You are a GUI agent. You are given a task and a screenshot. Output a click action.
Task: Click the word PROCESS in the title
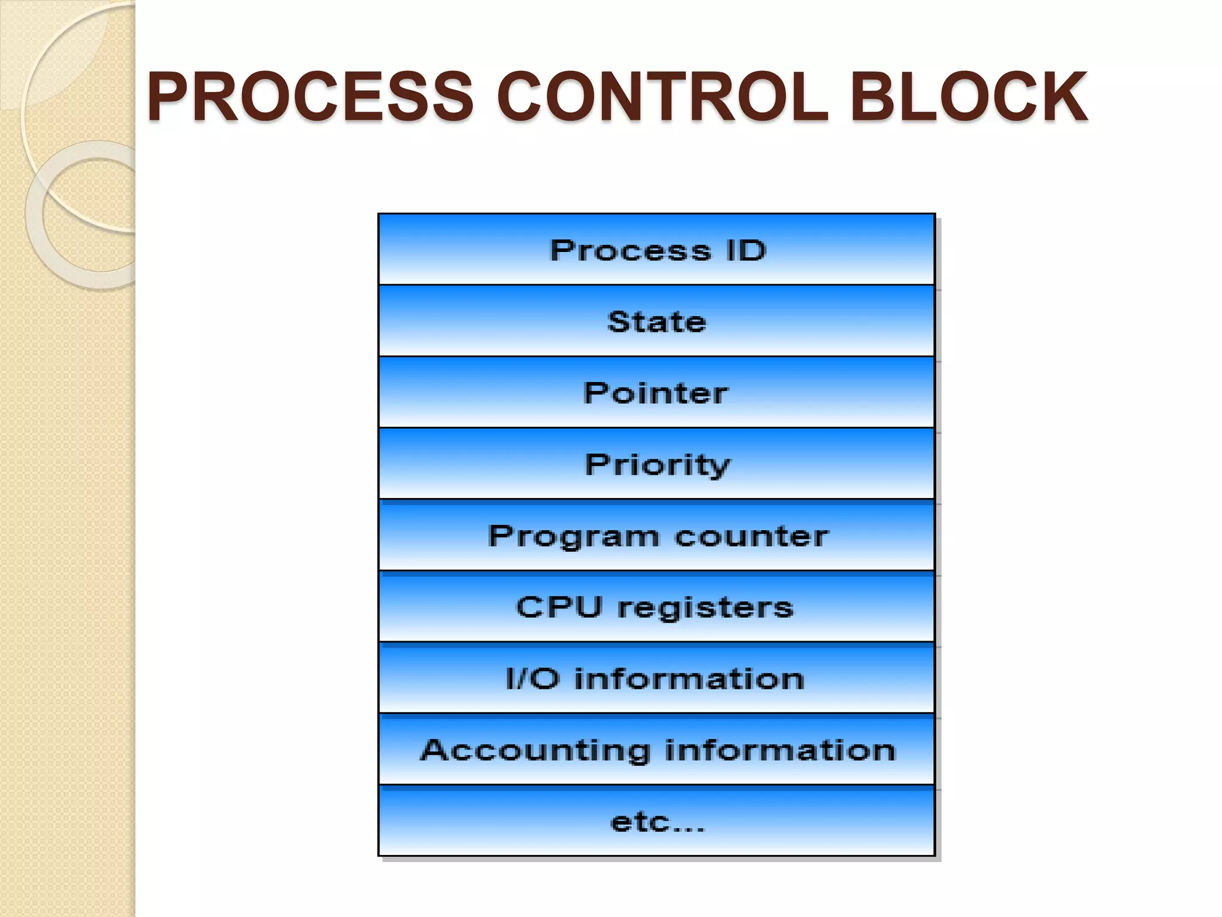pos(310,97)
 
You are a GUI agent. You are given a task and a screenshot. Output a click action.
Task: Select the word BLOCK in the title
pos(968,97)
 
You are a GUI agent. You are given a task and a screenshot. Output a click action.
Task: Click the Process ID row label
pos(657,250)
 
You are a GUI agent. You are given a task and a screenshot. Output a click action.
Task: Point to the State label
pos(656,322)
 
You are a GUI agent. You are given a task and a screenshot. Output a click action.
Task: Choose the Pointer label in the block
pos(656,393)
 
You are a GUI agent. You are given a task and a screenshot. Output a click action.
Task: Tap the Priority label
pos(657,465)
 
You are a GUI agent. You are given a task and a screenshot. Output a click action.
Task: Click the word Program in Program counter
pos(573,537)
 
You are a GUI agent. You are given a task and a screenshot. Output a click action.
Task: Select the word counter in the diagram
pos(752,536)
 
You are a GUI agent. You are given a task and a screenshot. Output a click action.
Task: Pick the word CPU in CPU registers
pos(558,607)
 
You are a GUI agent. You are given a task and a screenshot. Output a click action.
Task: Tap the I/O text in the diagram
pos(532,679)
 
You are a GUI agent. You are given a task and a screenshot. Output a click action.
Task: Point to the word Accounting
pos(535,751)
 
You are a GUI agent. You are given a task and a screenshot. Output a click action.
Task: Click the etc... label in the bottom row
pos(657,823)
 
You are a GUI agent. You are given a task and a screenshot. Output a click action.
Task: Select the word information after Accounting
pos(780,750)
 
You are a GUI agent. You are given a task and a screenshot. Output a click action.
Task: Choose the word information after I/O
pos(689,679)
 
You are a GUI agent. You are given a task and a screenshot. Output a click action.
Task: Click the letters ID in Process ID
pos(746,250)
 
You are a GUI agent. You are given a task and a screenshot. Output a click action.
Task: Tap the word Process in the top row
pos(630,250)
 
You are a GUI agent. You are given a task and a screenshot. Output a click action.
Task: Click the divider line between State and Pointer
pos(656,356)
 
